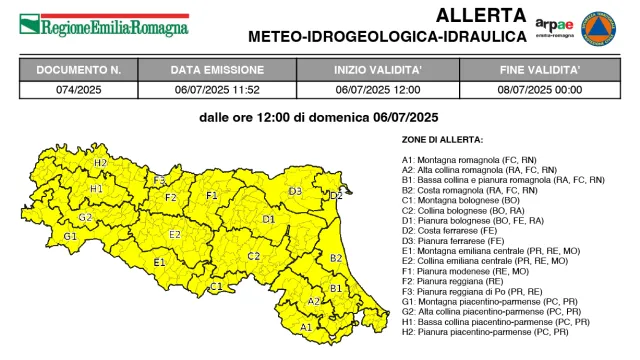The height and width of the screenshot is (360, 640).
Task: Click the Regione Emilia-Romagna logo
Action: pyautogui.click(x=104, y=24)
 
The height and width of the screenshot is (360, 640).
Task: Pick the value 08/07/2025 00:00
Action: pyautogui.click(x=541, y=90)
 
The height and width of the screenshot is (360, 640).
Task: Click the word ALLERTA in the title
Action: pyautogui.click(x=479, y=15)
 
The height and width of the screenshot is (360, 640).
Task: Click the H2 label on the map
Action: pyautogui.click(x=101, y=163)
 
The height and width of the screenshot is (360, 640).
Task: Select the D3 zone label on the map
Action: pyautogui.click(x=295, y=190)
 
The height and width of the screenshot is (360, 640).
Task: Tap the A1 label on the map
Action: pyautogui.click(x=306, y=326)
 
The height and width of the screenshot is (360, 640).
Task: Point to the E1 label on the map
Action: pyautogui.click(x=159, y=263)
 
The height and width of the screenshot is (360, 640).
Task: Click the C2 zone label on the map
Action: pyautogui.click(x=254, y=256)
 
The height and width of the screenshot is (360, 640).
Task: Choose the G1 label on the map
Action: pyautogui.click(x=70, y=237)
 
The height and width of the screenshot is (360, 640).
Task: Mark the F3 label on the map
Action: pyautogui.click(x=159, y=180)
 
